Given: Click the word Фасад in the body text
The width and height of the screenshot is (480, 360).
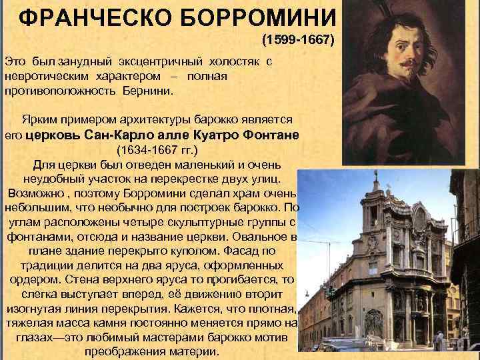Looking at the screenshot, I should click(x=237, y=252).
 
